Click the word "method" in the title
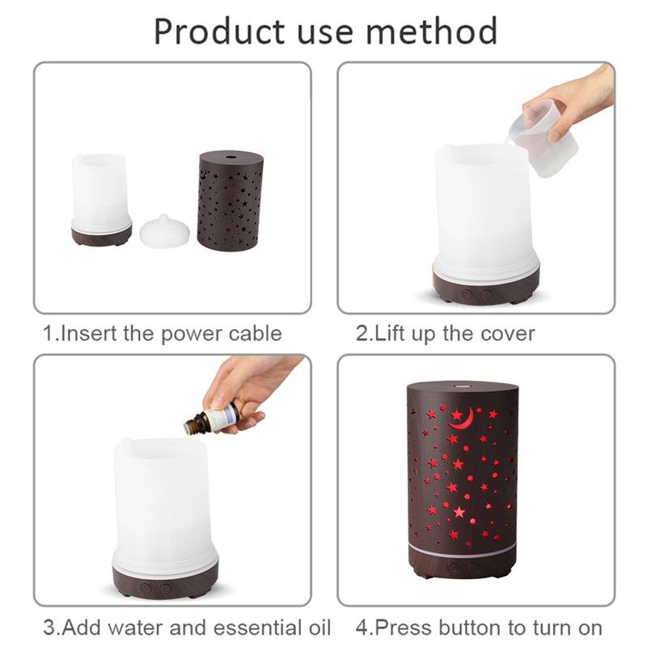(x=430, y=32)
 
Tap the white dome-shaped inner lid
(x=165, y=230)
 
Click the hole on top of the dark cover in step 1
(x=230, y=153)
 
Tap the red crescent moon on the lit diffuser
(x=461, y=418)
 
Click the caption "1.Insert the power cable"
(x=162, y=333)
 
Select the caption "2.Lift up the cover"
(x=446, y=333)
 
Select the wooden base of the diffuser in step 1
(x=101, y=236)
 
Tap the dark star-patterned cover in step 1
(x=230, y=202)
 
